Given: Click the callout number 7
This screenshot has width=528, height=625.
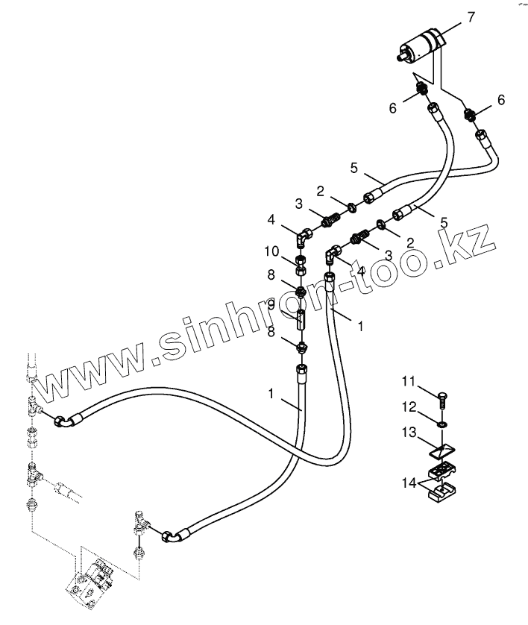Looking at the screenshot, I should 471,17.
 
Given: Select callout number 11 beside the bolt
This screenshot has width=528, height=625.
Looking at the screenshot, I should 409,383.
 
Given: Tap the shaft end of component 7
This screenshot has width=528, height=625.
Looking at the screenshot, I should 403,54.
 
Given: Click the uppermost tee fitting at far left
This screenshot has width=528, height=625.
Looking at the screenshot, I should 34,406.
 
